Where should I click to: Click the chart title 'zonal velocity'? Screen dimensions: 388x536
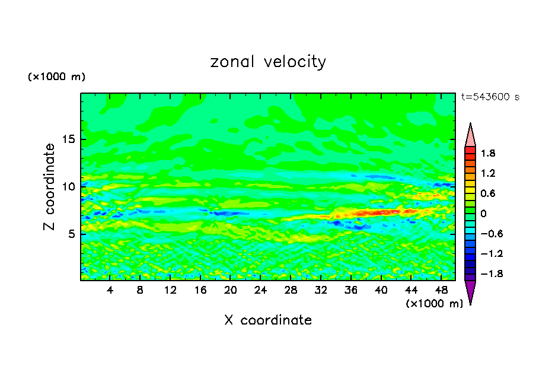(x=268, y=62)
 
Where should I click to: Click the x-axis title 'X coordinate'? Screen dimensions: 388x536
(x=268, y=320)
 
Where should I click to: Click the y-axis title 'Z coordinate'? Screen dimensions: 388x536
(x=50, y=187)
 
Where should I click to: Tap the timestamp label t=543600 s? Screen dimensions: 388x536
(x=490, y=97)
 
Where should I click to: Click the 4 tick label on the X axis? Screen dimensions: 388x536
(x=110, y=290)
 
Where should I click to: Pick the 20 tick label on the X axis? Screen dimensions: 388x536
(x=231, y=290)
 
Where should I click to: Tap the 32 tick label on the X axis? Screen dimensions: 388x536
(x=321, y=290)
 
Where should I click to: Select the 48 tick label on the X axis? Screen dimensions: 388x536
(x=441, y=290)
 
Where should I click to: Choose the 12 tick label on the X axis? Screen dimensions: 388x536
(x=170, y=290)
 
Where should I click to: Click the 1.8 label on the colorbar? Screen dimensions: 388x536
(x=488, y=153)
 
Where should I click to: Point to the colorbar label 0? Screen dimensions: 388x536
(x=483, y=214)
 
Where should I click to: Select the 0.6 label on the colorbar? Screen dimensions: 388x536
(x=488, y=193)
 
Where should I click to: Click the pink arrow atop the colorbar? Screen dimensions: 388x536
(x=470, y=135)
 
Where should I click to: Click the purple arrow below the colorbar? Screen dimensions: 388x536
(x=470, y=291)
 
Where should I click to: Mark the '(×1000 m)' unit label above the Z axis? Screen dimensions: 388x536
(x=56, y=77)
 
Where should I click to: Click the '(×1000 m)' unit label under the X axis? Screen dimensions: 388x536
(x=434, y=304)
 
